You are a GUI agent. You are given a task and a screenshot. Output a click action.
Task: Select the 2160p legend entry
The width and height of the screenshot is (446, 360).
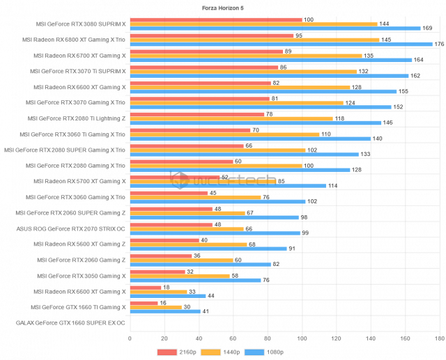tap(179, 352)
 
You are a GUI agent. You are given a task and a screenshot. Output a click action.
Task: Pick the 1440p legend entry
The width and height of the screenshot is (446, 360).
tap(222, 352)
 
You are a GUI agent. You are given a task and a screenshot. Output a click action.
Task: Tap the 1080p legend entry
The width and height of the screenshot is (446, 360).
tap(266, 352)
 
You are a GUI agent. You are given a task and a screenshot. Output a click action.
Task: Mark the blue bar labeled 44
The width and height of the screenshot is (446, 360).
tap(167, 296)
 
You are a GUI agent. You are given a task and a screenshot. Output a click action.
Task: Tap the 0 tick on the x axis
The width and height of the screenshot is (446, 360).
tap(130, 338)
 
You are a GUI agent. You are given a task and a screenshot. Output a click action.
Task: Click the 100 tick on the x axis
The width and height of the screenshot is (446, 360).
tap(302, 338)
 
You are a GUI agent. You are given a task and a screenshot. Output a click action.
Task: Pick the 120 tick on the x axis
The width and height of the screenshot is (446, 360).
tap(337, 338)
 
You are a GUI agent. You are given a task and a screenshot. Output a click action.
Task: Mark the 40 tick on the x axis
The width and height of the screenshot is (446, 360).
tap(199, 338)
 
